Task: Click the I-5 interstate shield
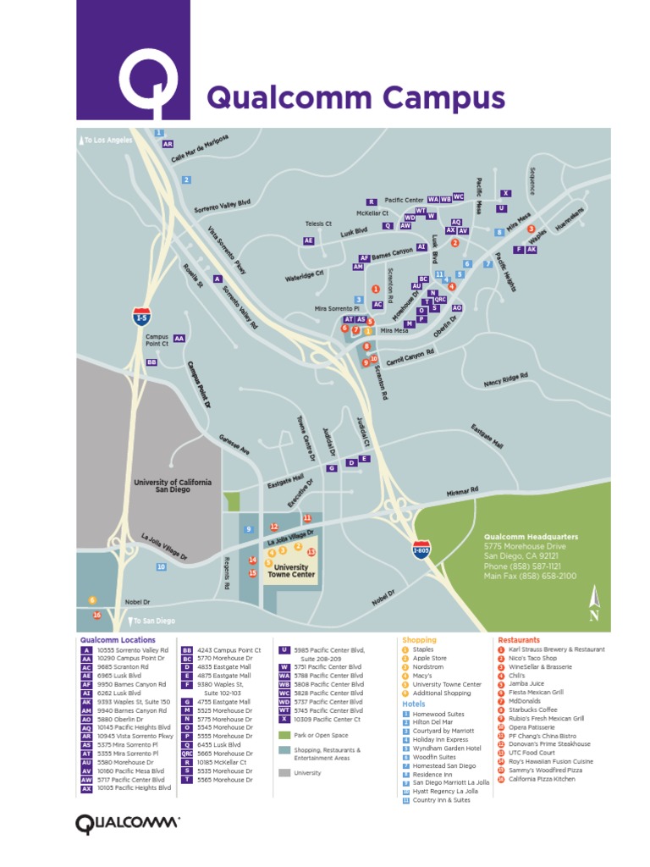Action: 142,317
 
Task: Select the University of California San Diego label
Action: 173,485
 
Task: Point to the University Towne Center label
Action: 291,571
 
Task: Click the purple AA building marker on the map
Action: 179,338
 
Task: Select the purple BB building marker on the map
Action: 152,362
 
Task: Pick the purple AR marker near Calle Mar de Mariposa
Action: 168,144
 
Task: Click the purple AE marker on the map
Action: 309,241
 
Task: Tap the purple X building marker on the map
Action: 505,194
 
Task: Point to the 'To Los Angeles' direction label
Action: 108,140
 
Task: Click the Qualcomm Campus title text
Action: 355,97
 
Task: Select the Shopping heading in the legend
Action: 419,640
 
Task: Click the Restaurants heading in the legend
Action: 519,640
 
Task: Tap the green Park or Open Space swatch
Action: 285,734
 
